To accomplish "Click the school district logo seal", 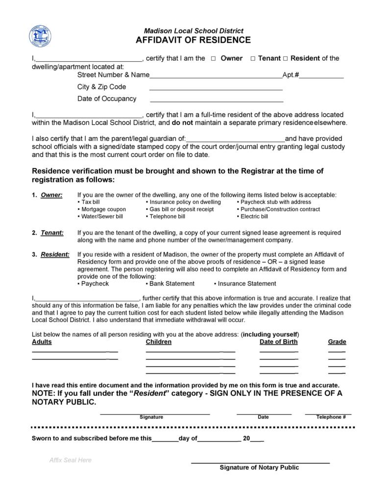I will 40,36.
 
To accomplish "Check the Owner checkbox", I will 214,58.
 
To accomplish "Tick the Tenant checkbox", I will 253,58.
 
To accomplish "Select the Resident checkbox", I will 286,58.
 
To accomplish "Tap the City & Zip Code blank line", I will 216,89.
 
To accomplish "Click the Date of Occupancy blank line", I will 216,101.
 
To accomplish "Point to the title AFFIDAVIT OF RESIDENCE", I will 193,40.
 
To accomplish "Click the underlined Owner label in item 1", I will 51,195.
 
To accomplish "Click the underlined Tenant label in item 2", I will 52,233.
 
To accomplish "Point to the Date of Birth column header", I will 278,342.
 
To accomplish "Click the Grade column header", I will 337,342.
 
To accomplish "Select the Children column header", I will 159,342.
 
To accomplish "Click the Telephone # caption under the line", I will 331,417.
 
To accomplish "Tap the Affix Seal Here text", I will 71,460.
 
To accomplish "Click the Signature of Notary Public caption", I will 259,468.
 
